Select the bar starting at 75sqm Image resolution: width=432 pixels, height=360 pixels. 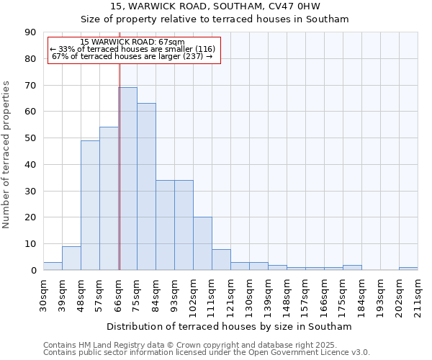[146, 186]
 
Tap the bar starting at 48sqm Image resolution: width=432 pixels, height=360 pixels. [90, 205]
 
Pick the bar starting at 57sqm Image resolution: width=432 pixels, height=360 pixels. [109, 199]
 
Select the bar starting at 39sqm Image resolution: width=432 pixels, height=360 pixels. [71, 258]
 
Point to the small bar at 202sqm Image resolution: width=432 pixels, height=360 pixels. [408, 269]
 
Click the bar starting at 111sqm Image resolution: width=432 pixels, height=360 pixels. [221, 260]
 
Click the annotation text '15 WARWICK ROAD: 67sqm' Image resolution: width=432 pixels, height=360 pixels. [132, 42]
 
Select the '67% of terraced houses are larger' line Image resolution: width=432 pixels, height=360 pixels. [132, 56]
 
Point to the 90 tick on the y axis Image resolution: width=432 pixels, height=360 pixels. [32, 32]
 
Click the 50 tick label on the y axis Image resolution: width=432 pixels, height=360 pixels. [32, 138]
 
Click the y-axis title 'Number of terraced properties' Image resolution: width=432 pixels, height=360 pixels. [6, 155]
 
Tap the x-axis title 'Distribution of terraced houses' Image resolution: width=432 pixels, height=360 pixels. [230, 326]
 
